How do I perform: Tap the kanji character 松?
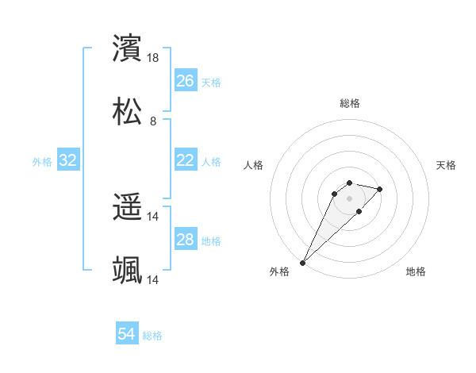[x=128, y=112]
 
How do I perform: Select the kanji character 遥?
[x=128, y=208]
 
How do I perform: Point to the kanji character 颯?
[x=128, y=271]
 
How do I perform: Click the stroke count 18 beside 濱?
[x=154, y=58]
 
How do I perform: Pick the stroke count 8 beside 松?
[x=153, y=121]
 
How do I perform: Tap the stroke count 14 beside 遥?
[x=153, y=217]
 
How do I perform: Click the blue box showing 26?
[x=185, y=81]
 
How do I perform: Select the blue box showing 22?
[x=185, y=160]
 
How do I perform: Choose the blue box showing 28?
[x=185, y=240]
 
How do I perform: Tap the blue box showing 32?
[x=68, y=160]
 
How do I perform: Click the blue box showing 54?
[x=126, y=334]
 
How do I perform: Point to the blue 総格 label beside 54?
[x=152, y=336]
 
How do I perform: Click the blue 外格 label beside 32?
[x=42, y=162]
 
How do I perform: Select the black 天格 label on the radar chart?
[x=447, y=165]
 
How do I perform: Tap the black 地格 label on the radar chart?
[x=416, y=271]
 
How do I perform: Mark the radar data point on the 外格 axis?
[x=302, y=262]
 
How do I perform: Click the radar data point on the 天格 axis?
[x=380, y=189]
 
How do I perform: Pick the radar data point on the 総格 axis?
[x=349, y=183]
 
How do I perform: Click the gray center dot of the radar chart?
[x=349, y=198]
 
